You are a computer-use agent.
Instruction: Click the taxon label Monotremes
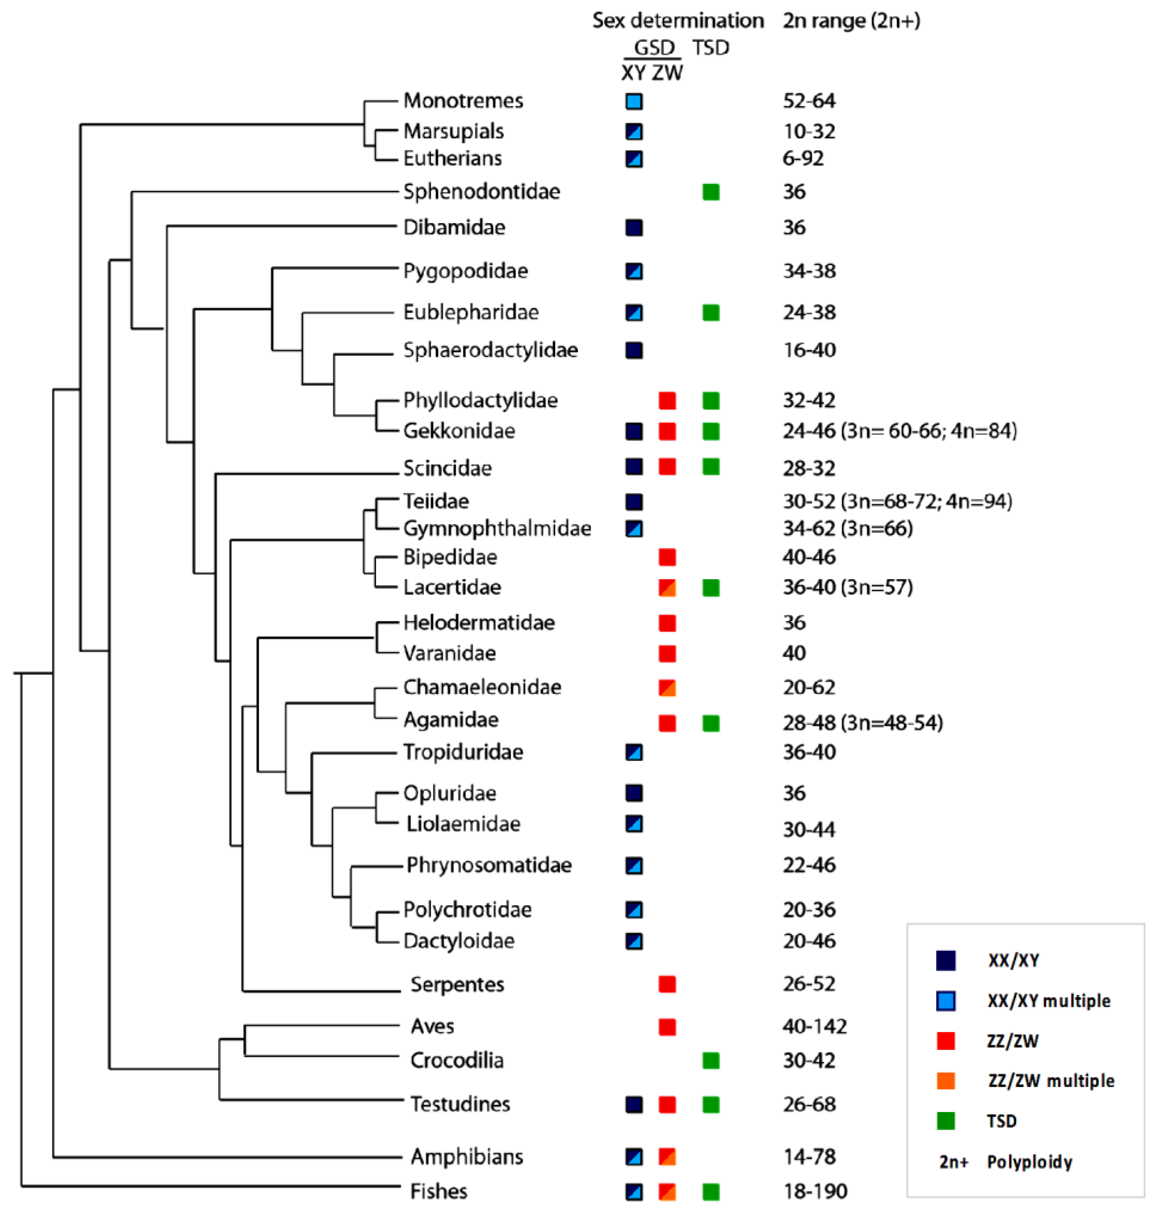[463, 100]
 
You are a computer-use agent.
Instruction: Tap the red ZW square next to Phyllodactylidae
[667, 401]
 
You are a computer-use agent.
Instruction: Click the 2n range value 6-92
[803, 159]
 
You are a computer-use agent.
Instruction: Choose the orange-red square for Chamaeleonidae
[667, 688]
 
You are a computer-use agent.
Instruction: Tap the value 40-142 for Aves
[815, 1026]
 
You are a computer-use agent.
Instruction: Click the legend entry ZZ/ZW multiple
[1050, 1081]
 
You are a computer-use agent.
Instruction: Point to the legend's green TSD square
[945, 1121]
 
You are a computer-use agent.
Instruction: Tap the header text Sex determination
[677, 21]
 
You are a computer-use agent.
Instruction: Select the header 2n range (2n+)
[851, 21]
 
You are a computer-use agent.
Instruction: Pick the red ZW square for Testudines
[667, 1105]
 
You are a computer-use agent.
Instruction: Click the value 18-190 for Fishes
[815, 1192]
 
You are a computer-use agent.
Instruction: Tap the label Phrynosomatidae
[489, 866]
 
